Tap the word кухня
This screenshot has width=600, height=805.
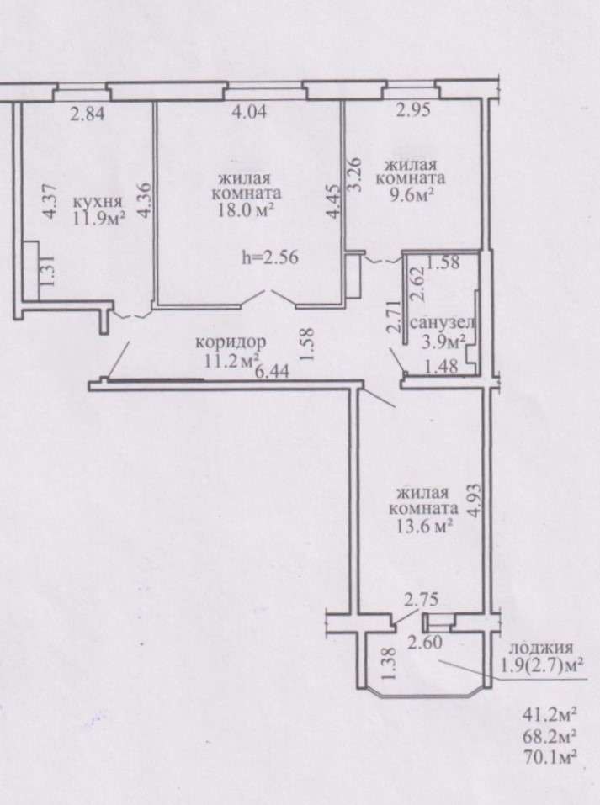[x=98, y=201]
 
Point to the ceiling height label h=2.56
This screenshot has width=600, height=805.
[x=270, y=257]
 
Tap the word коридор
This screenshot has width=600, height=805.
[x=231, y=342]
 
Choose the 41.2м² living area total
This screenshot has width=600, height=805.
[x=548, y=713]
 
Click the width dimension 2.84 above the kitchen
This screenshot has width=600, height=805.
[x=88, y=114]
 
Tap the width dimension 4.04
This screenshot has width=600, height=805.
[x=249, y=111]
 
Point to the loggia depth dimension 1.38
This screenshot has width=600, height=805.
[x=389, y=664]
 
